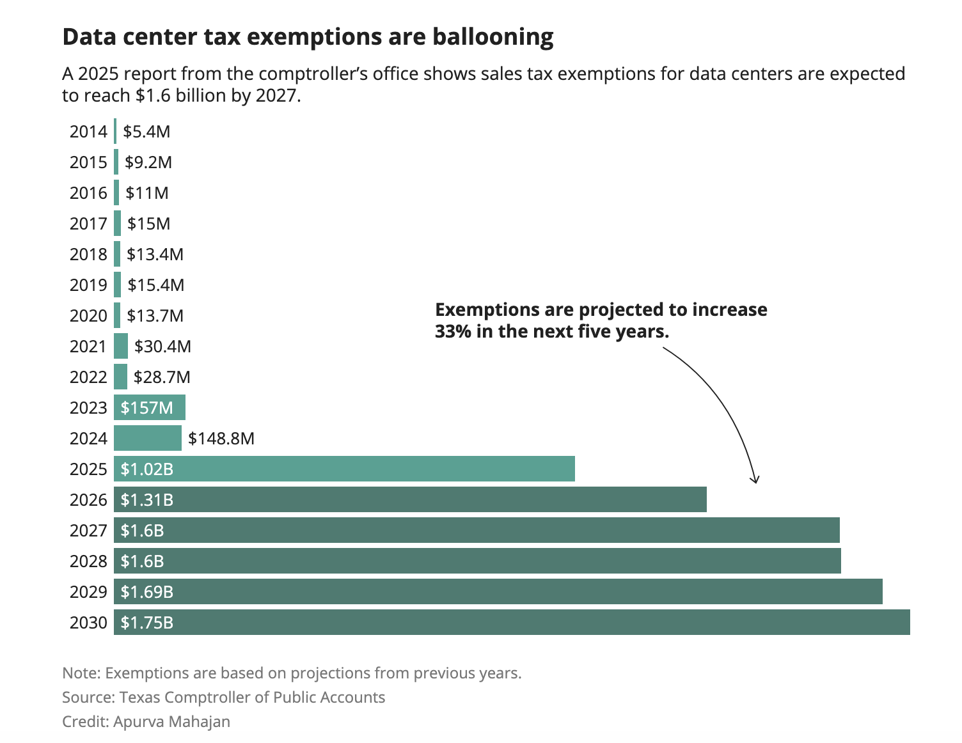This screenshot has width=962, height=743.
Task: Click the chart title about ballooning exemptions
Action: [x=308, y=37]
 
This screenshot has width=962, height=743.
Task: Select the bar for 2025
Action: [x=344, y=469]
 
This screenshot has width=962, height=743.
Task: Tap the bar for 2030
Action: [x=512, y=622]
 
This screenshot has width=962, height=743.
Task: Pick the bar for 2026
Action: [x=410, y=499]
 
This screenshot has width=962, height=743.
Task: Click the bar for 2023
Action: [x=150, y=407]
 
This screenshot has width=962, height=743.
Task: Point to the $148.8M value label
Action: [x=221, y=439]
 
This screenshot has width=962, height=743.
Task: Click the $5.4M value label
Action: [x=146, y=132]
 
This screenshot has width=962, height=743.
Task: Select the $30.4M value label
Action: [x=162, y=347]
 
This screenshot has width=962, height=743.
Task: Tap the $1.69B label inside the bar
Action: [x=147, y=592]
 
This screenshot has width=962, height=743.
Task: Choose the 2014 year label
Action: [x=88, y=132]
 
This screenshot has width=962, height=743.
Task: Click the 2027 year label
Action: [x=88, y=531]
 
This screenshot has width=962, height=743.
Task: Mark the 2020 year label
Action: [x=88, y=316]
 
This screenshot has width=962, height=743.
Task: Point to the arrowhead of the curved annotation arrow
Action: [x=755, y=480]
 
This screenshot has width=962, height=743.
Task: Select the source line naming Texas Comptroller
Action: [x=223, y=697]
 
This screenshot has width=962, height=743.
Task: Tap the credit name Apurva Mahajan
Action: [x=171, y=721]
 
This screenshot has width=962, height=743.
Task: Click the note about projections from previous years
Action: [x=292, y=673]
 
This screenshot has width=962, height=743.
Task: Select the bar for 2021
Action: [x=121, y=346]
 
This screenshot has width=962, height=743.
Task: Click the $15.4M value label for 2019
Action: [x=155, y=285]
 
